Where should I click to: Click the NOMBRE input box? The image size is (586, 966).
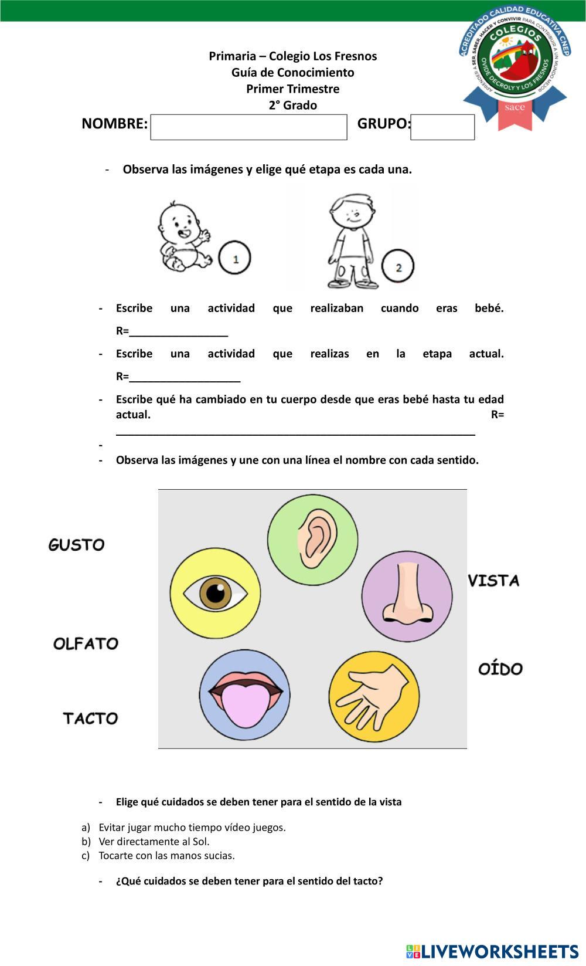click(248, 127)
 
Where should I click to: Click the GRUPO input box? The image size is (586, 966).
click(442, 127)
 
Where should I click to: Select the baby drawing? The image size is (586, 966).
click(183, 236)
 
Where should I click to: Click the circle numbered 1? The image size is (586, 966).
click(235, 258)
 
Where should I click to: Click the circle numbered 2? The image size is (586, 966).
click(398, 267)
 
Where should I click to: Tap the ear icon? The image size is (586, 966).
click(313, 540)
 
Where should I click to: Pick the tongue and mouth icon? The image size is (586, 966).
click(244, 696)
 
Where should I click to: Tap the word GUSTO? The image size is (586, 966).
click(76, 545)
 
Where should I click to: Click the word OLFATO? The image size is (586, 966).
click(86, 643)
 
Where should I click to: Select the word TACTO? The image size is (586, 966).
click(91, 718)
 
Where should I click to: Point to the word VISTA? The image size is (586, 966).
click(494, 581)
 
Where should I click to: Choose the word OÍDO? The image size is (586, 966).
click(500, 669)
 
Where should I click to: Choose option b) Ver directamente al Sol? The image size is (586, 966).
click(154, 841)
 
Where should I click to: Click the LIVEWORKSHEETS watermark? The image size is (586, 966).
click(493, 951)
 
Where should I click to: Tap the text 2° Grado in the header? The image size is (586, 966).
click(292, 106)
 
